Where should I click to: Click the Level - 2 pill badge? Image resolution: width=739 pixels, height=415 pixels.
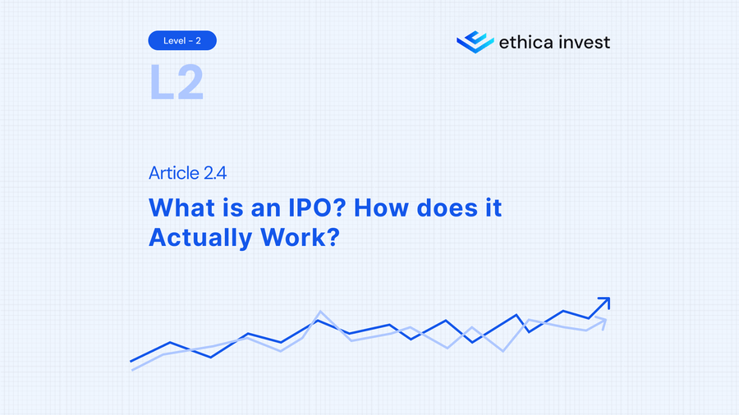point(182,39)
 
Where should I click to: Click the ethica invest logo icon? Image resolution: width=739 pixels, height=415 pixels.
point(475,41)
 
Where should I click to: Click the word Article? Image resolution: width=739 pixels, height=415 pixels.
point(174,173)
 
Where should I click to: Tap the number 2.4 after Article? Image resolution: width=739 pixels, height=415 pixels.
point(216,173)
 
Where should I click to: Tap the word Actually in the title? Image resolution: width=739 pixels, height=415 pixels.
point(200,238)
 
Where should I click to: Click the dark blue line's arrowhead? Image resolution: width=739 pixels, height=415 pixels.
point(604,303)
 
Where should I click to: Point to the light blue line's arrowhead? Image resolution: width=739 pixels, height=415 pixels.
point(602,322)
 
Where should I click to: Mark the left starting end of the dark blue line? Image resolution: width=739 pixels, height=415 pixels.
point(131,361)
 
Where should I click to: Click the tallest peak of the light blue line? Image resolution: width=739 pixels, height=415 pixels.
point(319,312)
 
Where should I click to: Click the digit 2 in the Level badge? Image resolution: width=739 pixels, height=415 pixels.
point(200,39)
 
